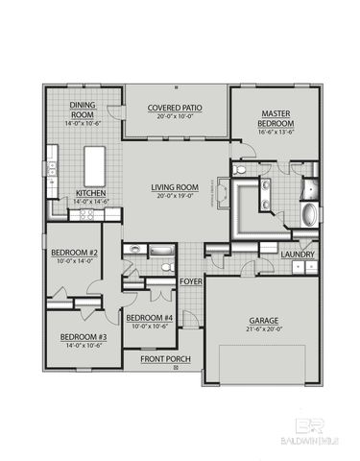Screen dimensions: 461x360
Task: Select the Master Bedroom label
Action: click(276, 119)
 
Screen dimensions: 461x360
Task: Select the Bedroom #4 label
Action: click(150, 319)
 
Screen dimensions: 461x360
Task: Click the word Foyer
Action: click(191, 281)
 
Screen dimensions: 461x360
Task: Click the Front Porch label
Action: click(166, 359)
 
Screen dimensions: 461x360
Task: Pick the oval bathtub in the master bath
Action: click(309, 214)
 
